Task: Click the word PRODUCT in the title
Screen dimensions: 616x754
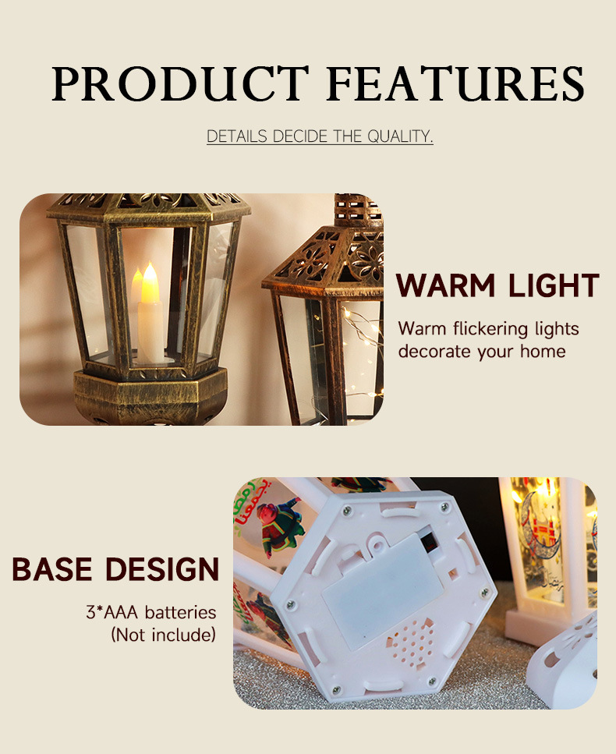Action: point(180,83)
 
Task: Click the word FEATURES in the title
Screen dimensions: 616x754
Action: point(455,83)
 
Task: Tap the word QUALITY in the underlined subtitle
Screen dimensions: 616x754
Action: point(399,136)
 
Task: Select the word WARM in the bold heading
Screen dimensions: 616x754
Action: point(445,285)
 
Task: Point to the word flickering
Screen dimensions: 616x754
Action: point(490,329)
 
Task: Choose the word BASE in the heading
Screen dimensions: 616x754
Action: point(52,569)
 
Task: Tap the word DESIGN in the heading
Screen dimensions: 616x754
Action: point(162,569)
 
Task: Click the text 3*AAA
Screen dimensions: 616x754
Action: point(112,612)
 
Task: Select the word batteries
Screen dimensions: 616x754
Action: point(180,612)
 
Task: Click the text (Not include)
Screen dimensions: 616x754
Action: point(164,635)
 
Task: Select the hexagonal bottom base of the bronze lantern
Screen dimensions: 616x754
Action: point(150,397)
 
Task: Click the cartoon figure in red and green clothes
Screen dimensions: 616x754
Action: point(281,524)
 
